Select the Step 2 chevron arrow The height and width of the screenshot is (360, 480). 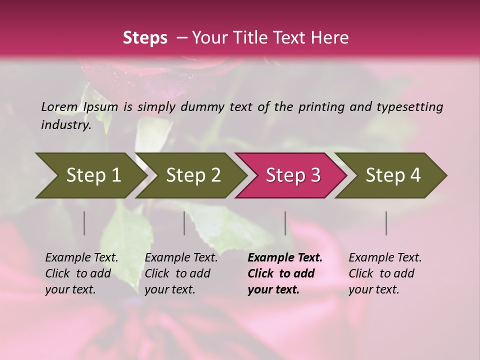point(192,175)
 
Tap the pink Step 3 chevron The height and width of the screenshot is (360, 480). point(292,175)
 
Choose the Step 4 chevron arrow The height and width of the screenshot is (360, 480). point(392,175)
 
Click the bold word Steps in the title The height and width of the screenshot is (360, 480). point(145,38)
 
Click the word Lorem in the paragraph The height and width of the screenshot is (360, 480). point(59,107)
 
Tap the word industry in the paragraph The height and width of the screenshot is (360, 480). point(66,125)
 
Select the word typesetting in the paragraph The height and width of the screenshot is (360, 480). point(409,107)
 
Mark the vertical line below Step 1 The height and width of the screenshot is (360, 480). point(84,223)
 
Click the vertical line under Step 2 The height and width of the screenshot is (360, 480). point(184,223)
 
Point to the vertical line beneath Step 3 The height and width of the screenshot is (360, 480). point(285,223)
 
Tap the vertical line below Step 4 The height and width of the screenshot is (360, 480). point(386,223)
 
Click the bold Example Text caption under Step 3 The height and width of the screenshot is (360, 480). point(285,273)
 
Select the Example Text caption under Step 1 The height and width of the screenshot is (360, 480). point(81,273)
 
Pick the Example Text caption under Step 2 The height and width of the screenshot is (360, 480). point(181,273)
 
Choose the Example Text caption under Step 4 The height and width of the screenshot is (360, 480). point(385,273)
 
